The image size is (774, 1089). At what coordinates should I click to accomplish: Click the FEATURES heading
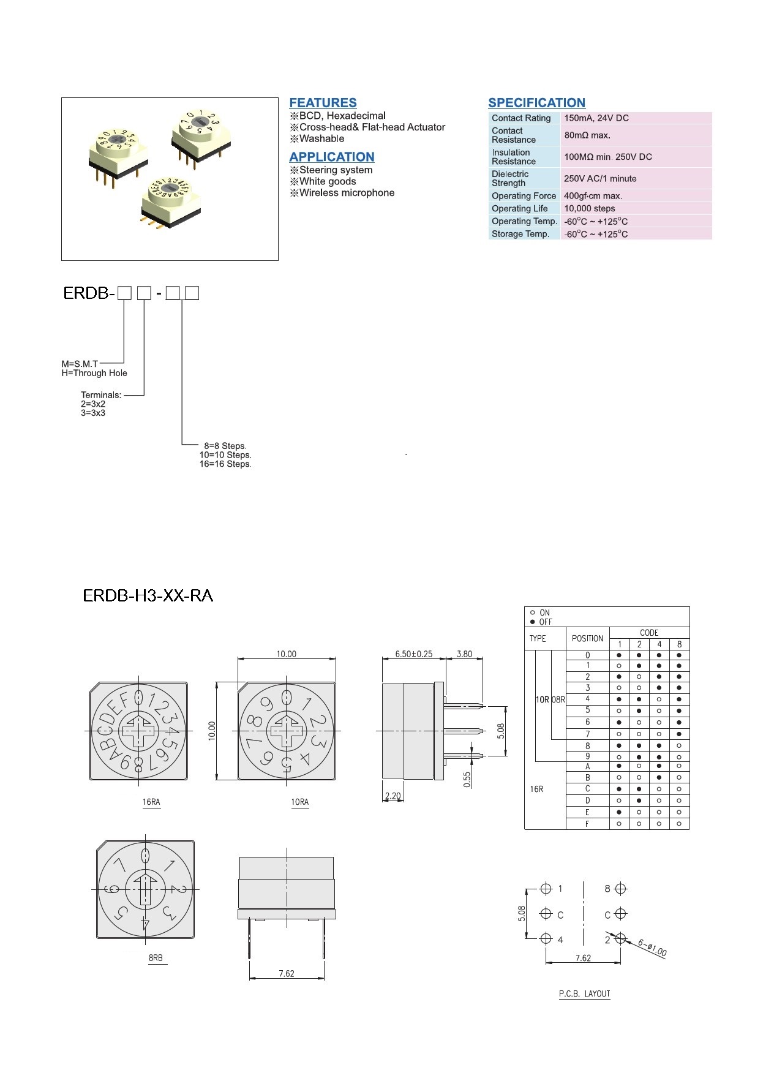pos(323,103)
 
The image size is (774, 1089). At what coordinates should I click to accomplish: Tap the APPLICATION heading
pos(331,157)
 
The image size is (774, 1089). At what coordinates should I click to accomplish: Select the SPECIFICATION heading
pos(536,103)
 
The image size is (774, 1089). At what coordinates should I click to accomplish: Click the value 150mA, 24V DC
pos(596,118)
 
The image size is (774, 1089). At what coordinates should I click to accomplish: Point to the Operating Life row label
pos(519,209)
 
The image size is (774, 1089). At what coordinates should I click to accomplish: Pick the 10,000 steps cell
pos(589,209)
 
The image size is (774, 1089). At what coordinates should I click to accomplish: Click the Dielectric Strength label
pos(509,178)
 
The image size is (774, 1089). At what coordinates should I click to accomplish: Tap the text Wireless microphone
pos(347,193)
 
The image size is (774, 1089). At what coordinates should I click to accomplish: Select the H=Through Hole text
pos(94,373)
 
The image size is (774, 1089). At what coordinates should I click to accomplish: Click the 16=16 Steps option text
pos(225,464)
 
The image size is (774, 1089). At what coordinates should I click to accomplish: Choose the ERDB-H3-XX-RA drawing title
pos(148,595)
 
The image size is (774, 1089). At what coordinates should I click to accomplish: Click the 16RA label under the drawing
pos(151,802)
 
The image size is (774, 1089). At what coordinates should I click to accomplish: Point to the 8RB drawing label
pos(156,958)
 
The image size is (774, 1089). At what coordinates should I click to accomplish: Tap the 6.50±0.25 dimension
pos(414,654)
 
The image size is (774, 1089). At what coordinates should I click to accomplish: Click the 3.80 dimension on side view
pos(464,654)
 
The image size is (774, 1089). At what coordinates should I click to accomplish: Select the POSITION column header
pos(587,638)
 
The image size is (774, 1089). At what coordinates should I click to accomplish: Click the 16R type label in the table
pos(536,789)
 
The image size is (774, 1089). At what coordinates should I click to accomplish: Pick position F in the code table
pos(587,824)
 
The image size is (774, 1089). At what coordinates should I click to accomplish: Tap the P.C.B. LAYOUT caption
pos(584,994)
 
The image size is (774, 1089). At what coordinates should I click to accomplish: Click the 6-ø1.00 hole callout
pos(652,948)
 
